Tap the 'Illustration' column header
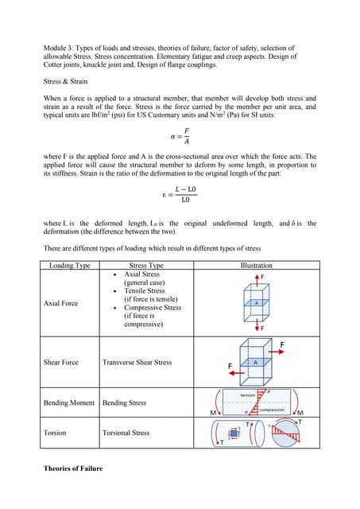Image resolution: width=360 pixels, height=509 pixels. (256, 265)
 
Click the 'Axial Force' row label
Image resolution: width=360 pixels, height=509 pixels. (60, 303)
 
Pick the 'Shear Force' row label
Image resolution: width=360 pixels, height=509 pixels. (61, 362)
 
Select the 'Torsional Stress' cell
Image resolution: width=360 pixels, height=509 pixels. (126, 433)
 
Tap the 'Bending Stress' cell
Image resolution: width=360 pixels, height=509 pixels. (125, 403)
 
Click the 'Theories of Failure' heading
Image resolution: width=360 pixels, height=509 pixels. (73, 468)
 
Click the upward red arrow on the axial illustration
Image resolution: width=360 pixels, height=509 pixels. (257, 280)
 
